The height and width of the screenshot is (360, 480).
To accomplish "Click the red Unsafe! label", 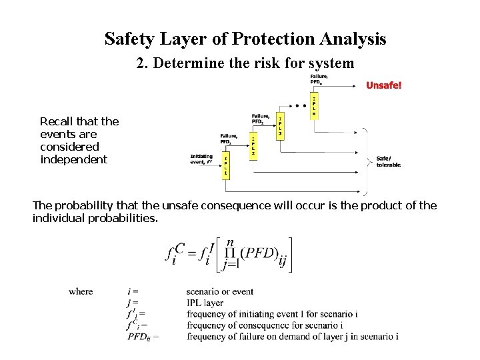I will pyautogui.click(x=384, y=85).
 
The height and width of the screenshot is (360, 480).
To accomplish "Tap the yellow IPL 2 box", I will pyautogui.click(x=253, y=145).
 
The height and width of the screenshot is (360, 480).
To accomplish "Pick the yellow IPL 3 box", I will pyautogui.click(x=281, y=125).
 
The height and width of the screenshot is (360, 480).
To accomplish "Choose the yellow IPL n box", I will pyautogui.click(x=314, y=105).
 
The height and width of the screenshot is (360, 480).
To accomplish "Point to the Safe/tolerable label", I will pyautogui.click(x=389, y=161).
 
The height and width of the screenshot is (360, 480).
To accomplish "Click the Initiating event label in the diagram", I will pyautogui.click(x=202, y=159).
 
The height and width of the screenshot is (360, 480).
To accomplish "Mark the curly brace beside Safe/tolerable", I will pyautogui.click(x=366, y=161).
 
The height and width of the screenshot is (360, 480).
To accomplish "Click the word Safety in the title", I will pyautogui.click(x=129, y=39).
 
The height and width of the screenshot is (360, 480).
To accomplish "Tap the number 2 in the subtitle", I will pyautogui.click(x=140, y=64).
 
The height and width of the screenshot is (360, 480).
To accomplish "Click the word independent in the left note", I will pyautogui.click(x=73, y=159).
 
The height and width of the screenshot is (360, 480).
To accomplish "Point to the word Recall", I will pyautogui.click(x=57, y=121).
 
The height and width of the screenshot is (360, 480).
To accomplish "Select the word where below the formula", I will pyautogui.click(x=81, y=291).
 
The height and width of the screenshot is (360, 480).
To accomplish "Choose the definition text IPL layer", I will pyautogui.click(x=205, y=303).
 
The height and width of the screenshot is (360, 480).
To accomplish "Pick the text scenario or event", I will pyautogui.click(x=219, y=291).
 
